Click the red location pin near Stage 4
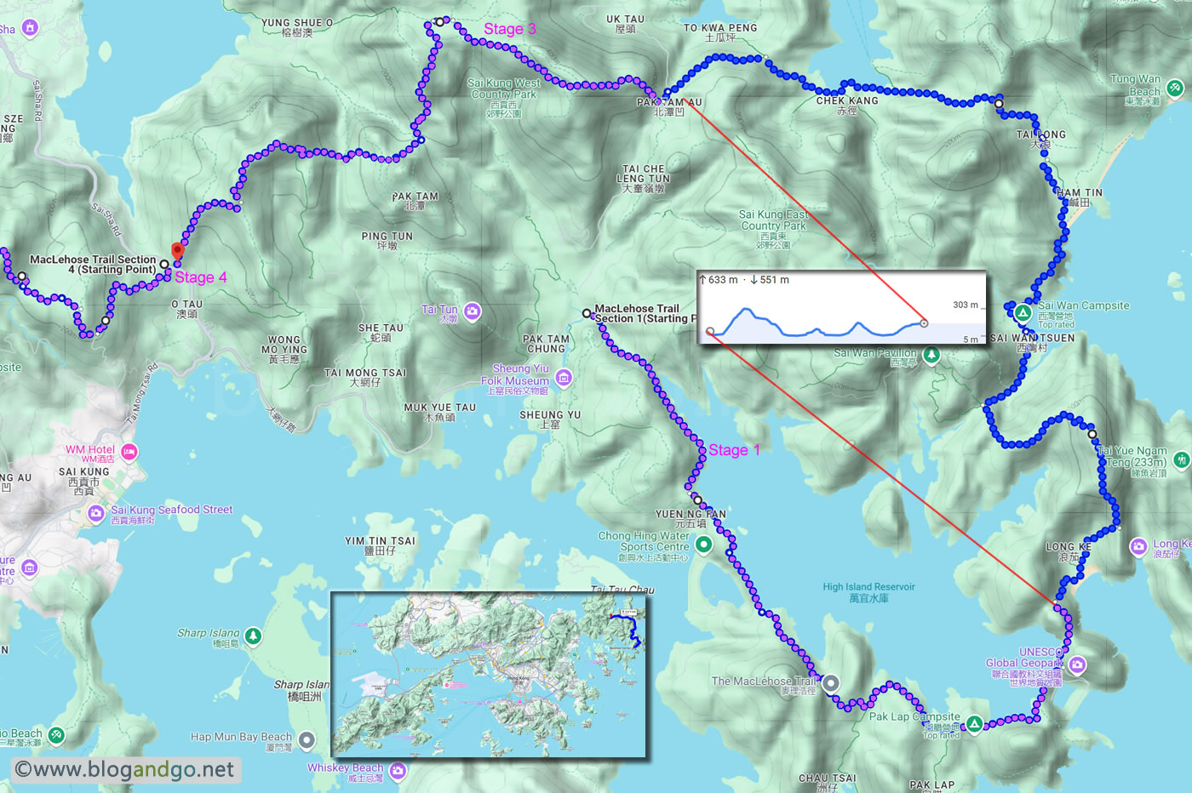point(177,251)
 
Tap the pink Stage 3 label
point(509,29)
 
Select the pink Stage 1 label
point(734,450)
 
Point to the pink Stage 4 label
point(201,277)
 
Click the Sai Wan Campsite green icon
point(1023,312)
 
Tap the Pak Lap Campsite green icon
point(974,724)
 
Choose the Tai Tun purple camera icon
point(473,312)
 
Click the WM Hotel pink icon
point(129,452)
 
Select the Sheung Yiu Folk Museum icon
point(563,377)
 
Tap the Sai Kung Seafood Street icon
point(96,513)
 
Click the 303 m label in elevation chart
point(965,305)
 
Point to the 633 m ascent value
point(723,280)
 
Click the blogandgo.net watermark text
point(125,769)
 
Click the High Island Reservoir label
point(868,592)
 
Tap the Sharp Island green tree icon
point(253,636)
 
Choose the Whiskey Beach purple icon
point(398,771)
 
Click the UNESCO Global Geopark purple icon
point(1077,665)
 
